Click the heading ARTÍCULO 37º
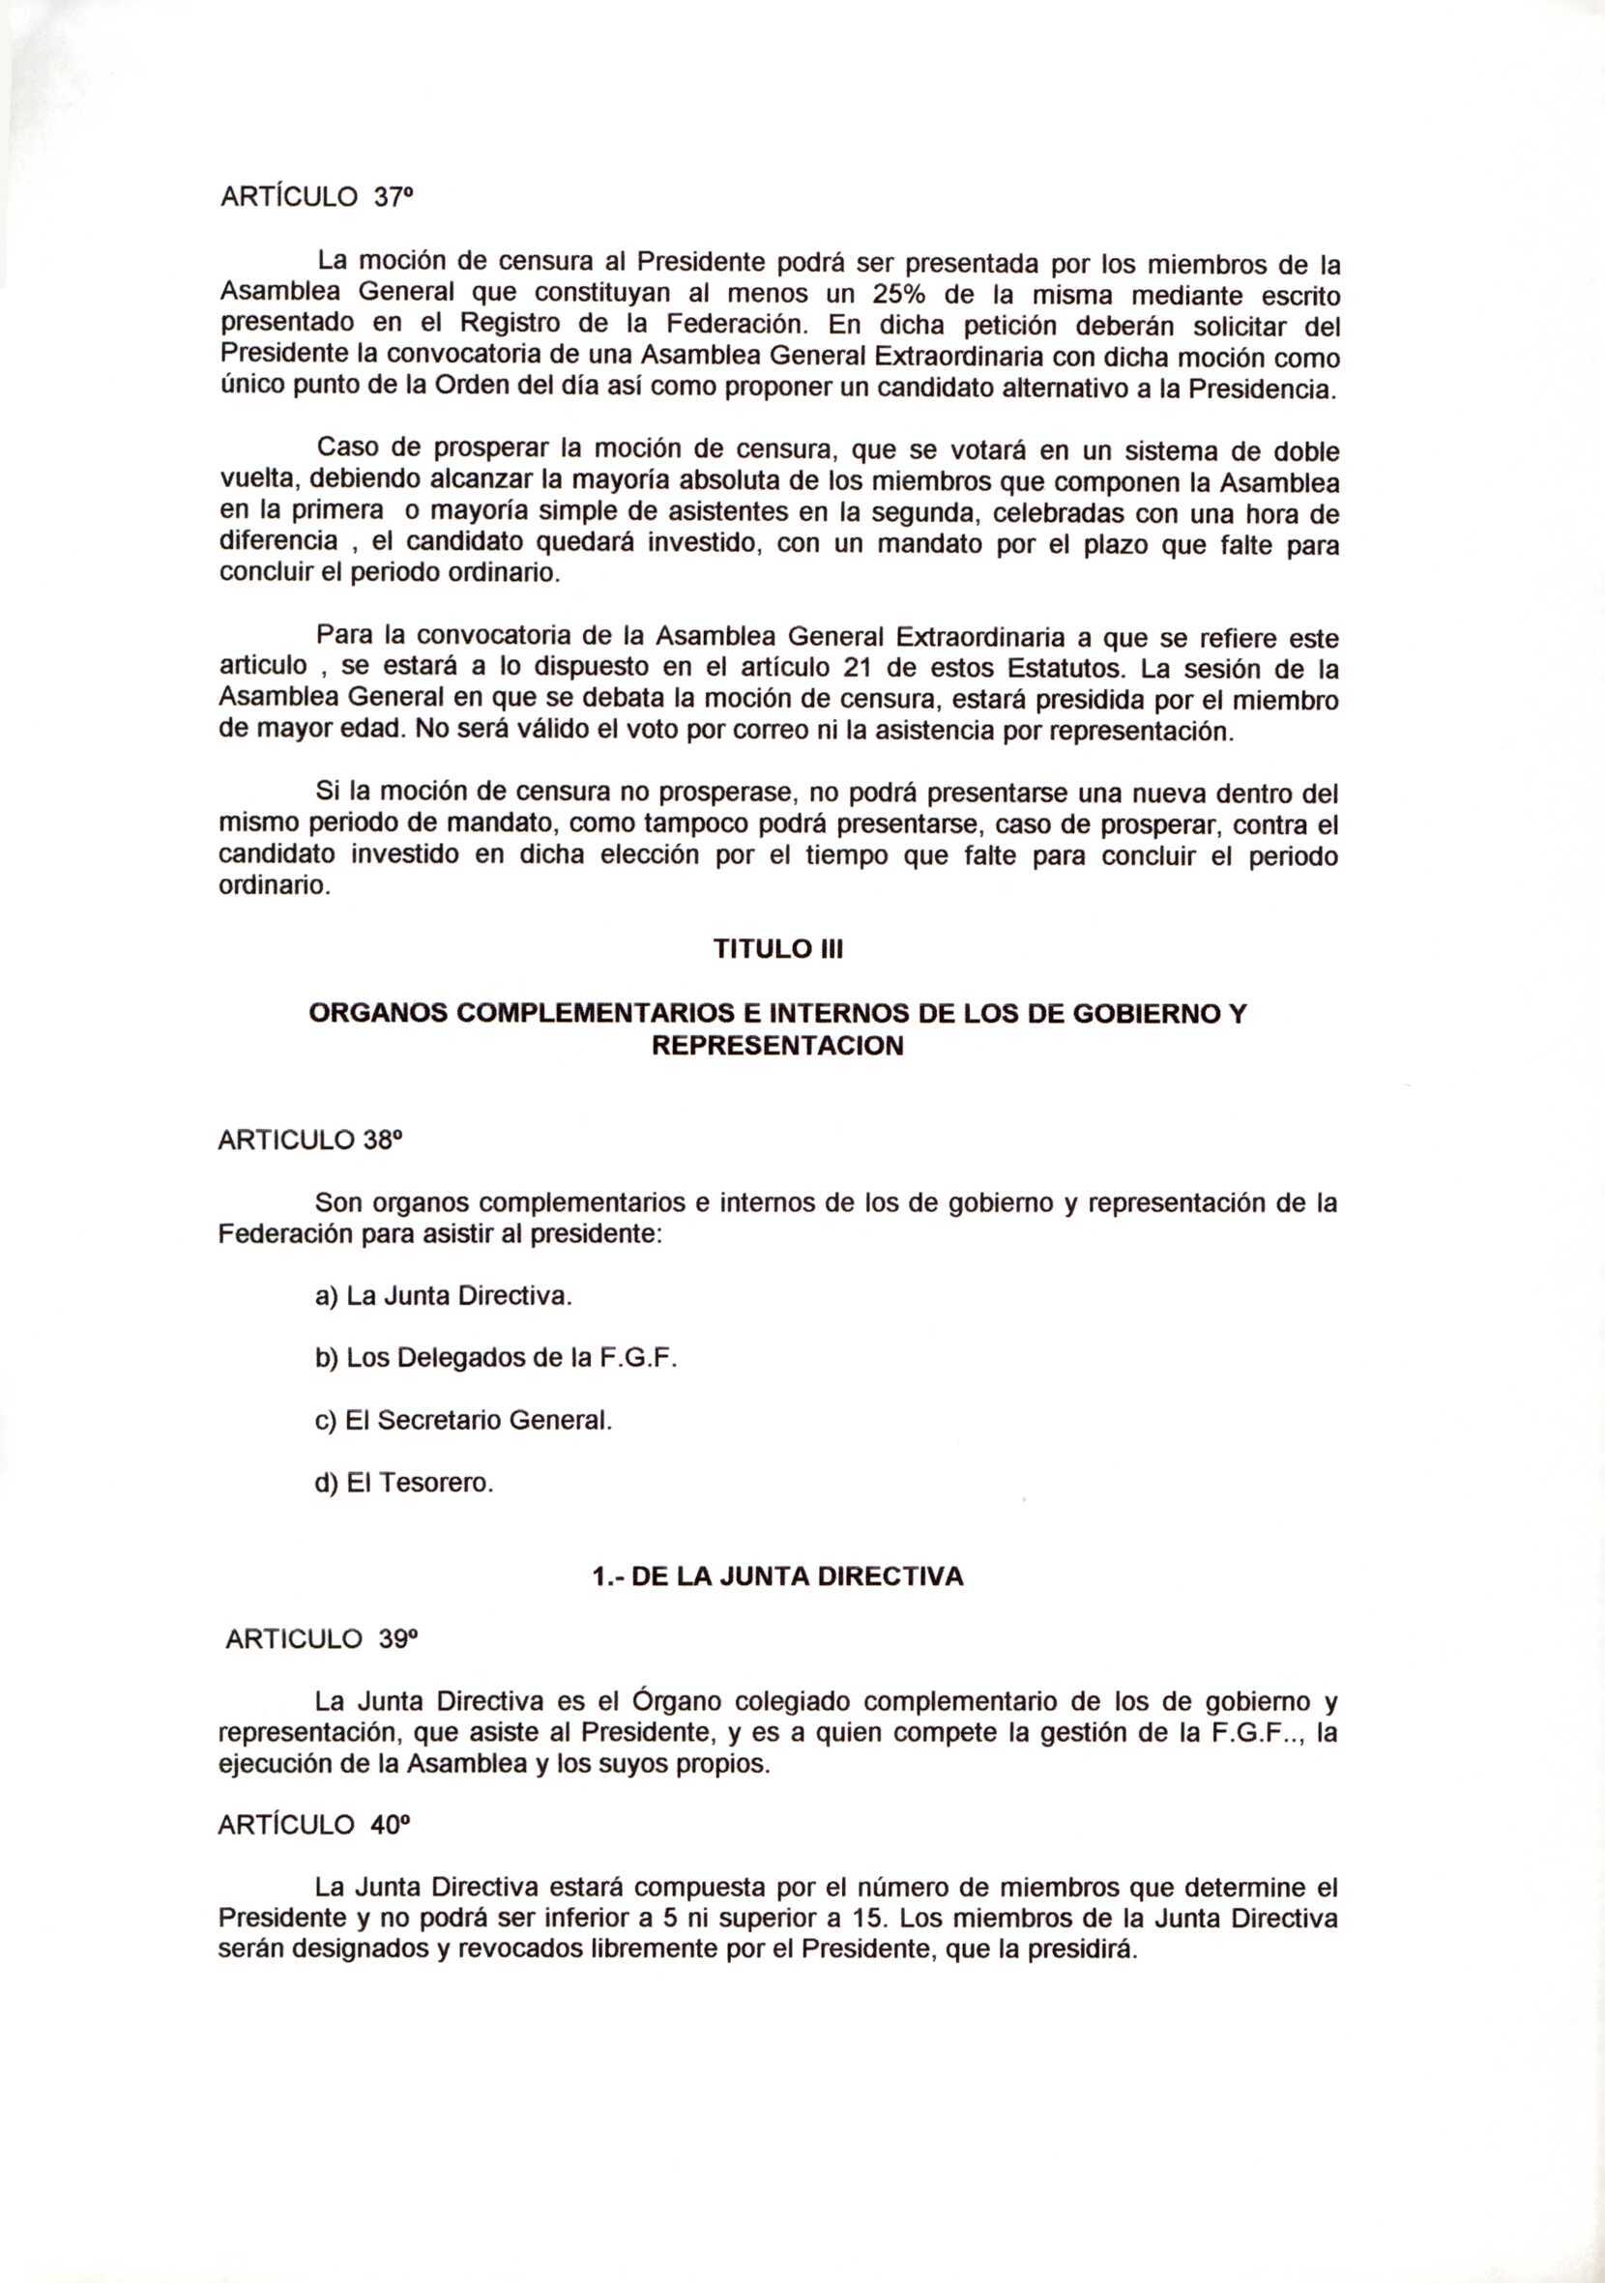coord(313,198)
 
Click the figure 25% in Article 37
coord(899,296)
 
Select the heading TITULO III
coord(777,950)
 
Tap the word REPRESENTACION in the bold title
coord(776,1046)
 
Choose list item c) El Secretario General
coord(463,1422)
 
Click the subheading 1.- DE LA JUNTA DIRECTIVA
coord(777,1578)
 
